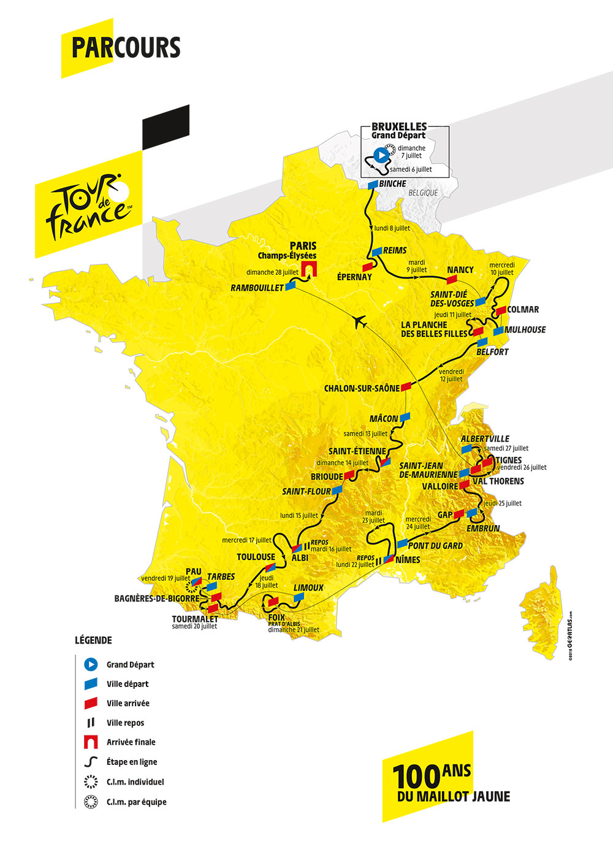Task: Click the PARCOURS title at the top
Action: (126, 48)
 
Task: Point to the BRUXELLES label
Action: (399, 127)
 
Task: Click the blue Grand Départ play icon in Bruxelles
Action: (379, 155)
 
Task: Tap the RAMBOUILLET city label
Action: (257, 288)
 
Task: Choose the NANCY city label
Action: (460, 269)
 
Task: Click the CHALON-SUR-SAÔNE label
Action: (362, 388)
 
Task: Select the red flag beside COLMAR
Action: (501, 310)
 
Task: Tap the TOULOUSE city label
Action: (256, 557)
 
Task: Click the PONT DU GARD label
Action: (435, 545)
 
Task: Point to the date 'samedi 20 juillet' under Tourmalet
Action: (194, 626)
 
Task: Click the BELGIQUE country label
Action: (423, 193)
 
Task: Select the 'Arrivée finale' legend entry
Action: (131, 742)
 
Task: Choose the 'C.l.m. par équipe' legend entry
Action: (136, 802)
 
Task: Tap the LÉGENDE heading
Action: (93, 640)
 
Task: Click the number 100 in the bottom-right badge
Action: (416, 777)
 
